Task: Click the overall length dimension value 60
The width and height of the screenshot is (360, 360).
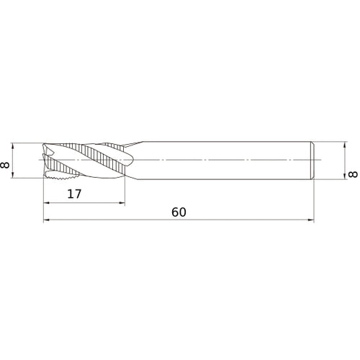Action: [179, 212]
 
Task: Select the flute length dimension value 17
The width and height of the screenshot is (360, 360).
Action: [73, 194]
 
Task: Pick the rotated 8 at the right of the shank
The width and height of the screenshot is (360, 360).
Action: [352, 175]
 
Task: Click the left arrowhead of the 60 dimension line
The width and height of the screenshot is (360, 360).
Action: [48, 220]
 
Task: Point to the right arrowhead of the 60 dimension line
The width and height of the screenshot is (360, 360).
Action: [311, 220]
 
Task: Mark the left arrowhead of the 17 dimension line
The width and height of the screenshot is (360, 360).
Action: [48, 203]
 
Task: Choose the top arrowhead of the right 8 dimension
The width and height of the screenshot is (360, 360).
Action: [341, 144]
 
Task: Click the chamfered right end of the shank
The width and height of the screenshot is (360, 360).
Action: [312, 159]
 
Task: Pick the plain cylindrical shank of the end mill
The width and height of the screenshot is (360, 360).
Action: [223, 159]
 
